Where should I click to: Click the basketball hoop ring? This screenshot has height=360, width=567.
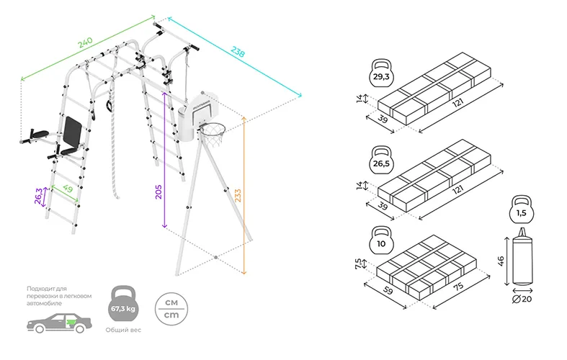pyautogui.click(x=212, y=131)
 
